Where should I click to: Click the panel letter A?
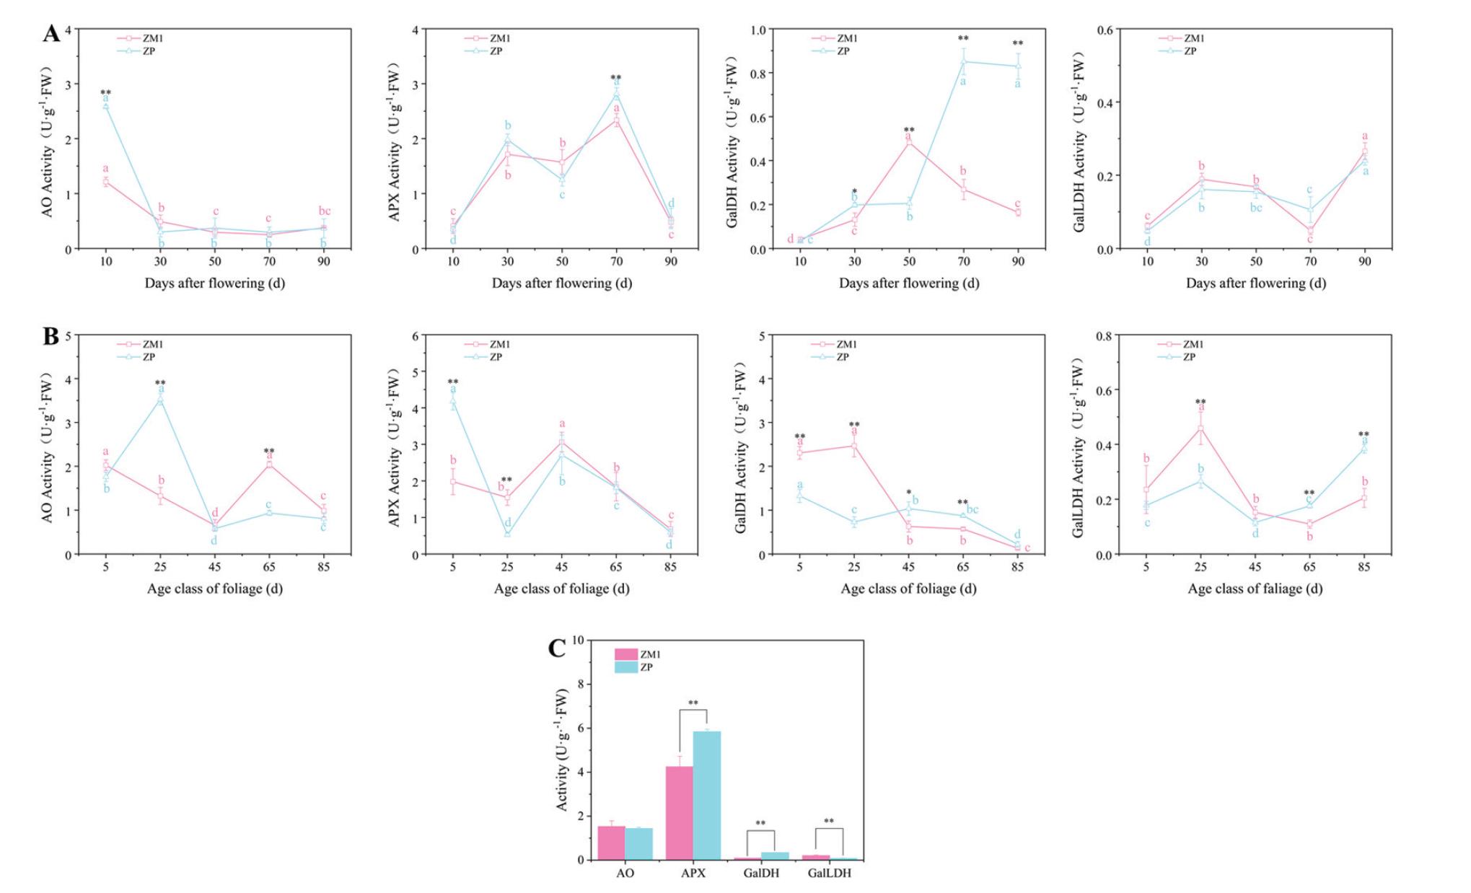pos(51,34)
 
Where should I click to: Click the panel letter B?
pos(51,336)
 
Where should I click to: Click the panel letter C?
pos(557,648)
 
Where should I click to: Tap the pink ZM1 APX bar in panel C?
pos(679,812)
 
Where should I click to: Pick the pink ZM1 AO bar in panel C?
pos(611,843)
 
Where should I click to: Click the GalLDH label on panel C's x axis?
pos(829,874)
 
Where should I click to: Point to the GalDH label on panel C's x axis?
pos(761,874)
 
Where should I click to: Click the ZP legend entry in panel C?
pos(646,668)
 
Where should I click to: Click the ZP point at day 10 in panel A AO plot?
pos(106,107)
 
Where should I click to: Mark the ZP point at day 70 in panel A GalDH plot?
pos(963,62)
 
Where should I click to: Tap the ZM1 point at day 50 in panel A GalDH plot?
pos(909,141)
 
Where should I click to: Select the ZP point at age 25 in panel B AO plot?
pos(160,400)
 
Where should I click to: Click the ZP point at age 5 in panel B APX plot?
pos(453,401)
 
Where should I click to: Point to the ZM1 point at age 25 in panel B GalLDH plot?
pos(1201,428)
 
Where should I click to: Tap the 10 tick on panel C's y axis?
pos(578,640)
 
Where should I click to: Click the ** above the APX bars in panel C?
pos(693,703)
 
